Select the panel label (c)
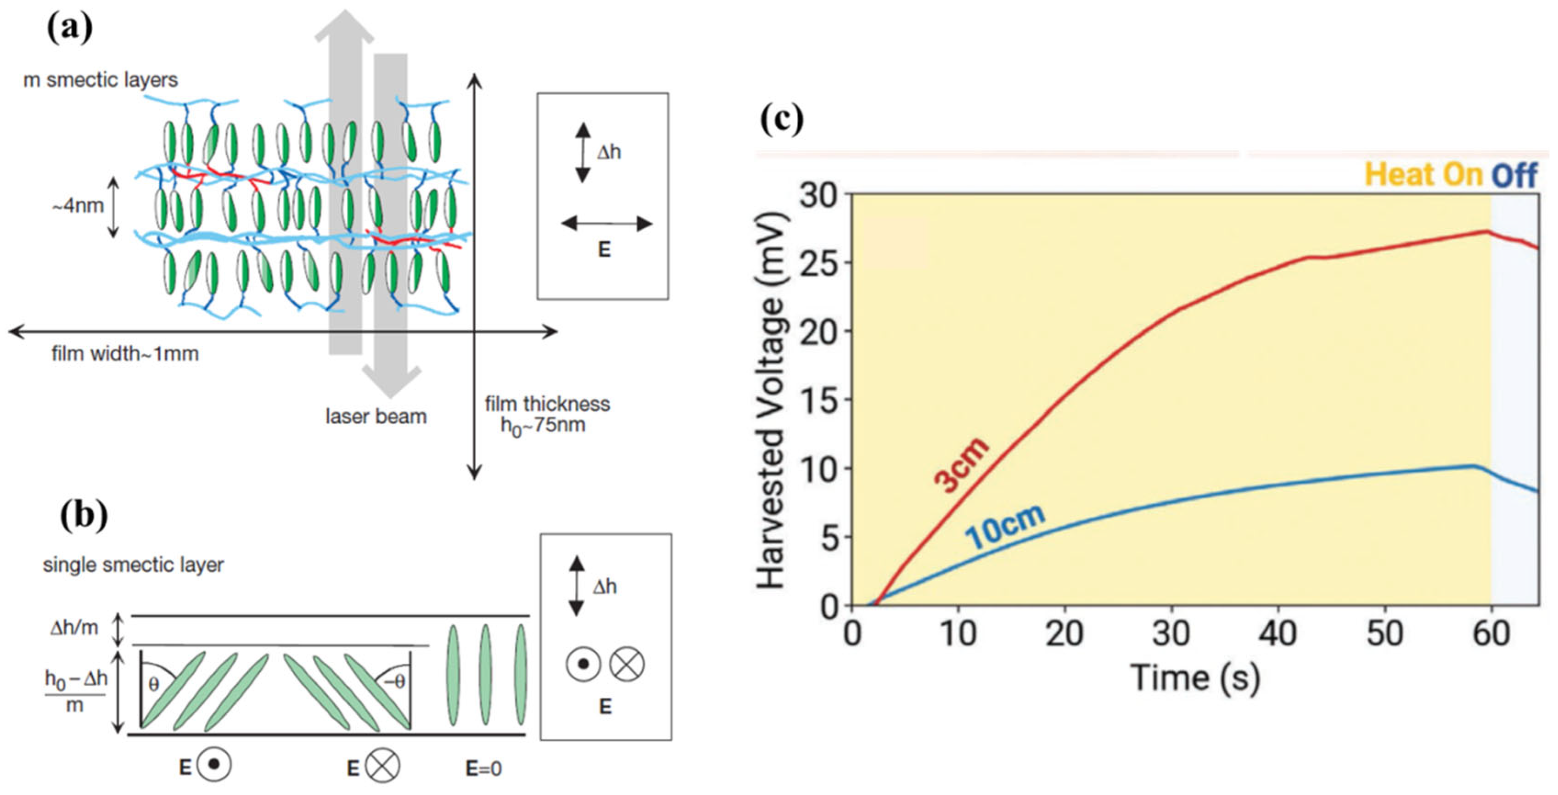[x=781, y=119]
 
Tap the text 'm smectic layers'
[x=101, y=80]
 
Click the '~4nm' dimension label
[x=78, y=206]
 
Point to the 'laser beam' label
[x=375, y=416]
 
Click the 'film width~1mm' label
[x=125, y=353]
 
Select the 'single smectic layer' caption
[x=133, y=564]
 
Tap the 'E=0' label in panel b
[x=484, y=768]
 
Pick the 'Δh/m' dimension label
[x=74, y=628]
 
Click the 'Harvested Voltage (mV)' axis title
[x=772, y=399]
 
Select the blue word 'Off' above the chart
[x=1514, y=175]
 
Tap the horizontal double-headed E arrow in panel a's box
[x=606, y=224]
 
